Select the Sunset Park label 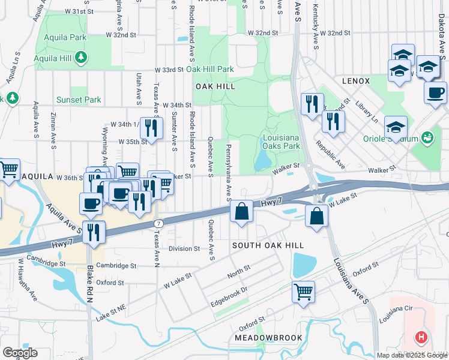click(x=79, y=100)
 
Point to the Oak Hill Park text click(x=210, y=70)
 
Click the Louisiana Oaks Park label click(x=281, y=142)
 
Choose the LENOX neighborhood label click(x=356, y=80)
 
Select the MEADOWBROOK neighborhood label click(x=268, y=338)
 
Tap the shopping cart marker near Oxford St click(x=303, y=292)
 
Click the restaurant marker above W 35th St click(x=151, y=127)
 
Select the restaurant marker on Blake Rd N click(x=93, y=232)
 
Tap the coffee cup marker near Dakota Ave click(x=435, y=92)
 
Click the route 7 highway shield click(x=158, y=223)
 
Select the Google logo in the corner click(x=20, y=353)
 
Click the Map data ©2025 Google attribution click(x=412, y=355)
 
